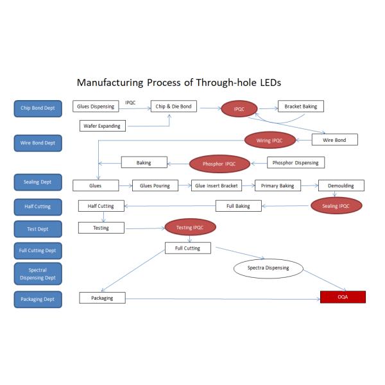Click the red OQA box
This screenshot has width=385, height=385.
343,297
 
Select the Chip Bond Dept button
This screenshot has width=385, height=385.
38,108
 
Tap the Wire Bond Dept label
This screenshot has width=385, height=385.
38,143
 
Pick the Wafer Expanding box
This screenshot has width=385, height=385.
102,126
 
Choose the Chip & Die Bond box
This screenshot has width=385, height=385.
173,107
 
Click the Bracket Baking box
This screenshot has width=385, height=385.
301,107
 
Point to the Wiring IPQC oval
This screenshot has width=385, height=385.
269,139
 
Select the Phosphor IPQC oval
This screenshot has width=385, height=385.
219,164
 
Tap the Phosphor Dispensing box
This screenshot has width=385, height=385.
295,162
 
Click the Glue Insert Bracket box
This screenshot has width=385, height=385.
216,185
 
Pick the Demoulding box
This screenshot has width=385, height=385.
341,185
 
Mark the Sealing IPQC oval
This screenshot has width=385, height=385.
336,206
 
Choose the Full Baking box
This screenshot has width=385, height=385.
238,206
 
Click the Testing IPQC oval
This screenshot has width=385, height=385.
191,227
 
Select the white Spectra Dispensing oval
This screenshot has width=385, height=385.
268,268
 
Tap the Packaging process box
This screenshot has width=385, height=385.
102,298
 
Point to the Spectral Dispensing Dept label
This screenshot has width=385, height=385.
38,274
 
